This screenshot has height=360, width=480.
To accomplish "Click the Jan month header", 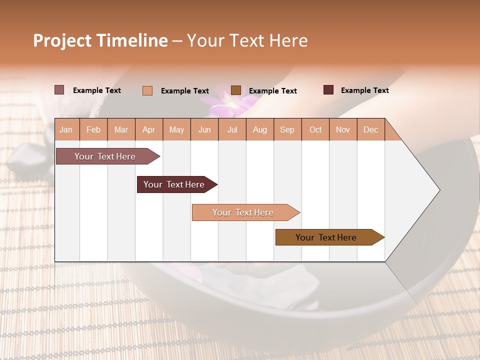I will pyautogui.click(x=66, y=129).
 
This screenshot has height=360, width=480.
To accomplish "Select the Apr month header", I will pyautogui.click(x=149, y=129).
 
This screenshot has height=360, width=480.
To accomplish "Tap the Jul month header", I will pyautogui.click(x=232, y=129).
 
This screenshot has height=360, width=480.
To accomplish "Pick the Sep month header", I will pyautogui.click(x=287, y=129).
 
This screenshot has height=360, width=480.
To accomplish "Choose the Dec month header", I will pyautogui.click(x=370, y=129).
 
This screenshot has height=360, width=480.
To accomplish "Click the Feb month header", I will pyautogui.click(x=93, y=129).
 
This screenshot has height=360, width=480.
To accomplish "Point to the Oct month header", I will pyautogui.click(x=315, y=129).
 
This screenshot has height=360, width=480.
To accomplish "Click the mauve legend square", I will pyautogui.click(x=59, y=90).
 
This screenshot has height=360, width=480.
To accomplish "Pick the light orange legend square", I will pyautogui.click(x=147, y=90).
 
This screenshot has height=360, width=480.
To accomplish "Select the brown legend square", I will pyautogui.click(x=236, y=90).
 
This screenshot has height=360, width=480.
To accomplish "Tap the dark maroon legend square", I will pyautogui.click(x=328, y=90).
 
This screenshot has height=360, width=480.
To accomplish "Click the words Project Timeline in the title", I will pyautogui.click(x=100, y=40).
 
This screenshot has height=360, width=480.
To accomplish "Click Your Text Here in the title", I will pyautogui.click(x=247, y=40).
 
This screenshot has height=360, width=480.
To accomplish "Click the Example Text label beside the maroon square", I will pyautogui.click(x=364, y=90).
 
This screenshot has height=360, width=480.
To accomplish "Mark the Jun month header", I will pyautogui.click(x=204, y=129).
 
